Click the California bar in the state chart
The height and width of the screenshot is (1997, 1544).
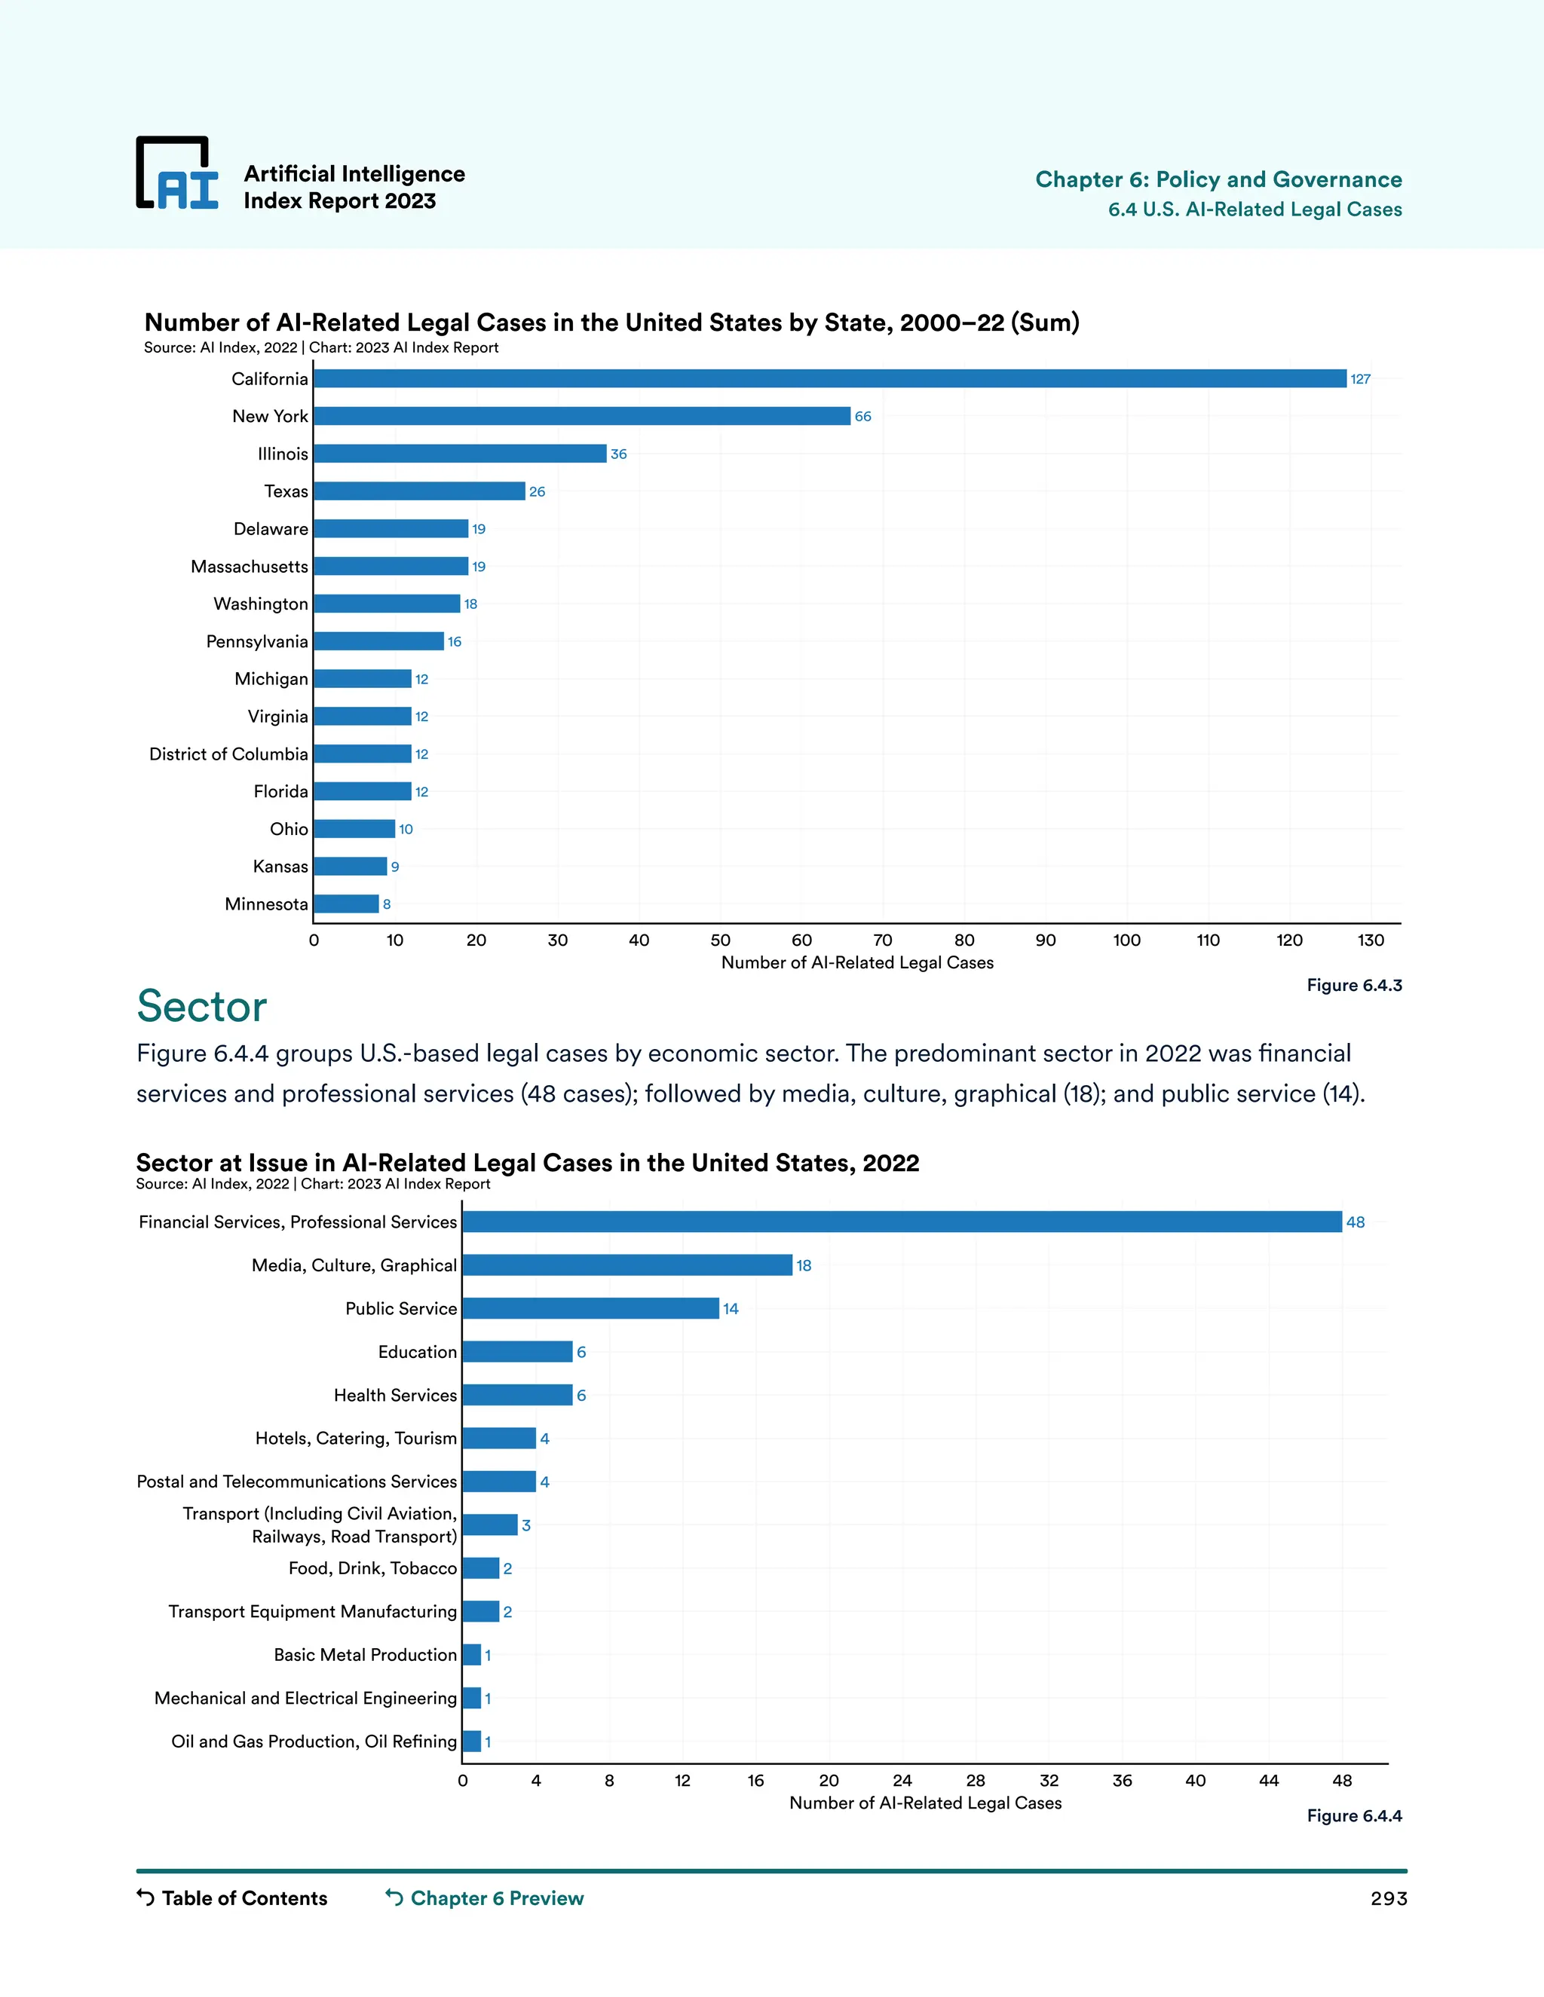pyautogui.click(x=829, y=378)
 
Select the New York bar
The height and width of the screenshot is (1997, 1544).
pyautogui.click(x=582, y=416)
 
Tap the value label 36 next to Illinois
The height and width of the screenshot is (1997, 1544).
pyautogui.click(x=618, y=454)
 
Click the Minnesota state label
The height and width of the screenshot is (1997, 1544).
pyautogui.click(x=266, y=904)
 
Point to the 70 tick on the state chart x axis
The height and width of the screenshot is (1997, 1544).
pyautogui.click(x=883, y=940)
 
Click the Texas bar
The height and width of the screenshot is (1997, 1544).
pyautogui.click(x=419, y=491)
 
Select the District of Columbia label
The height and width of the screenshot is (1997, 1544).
pyautogui.click(x=228, y=754)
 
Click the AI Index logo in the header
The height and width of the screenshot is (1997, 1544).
pyautogui.click(x=177, y=174)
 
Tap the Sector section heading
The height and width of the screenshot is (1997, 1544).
pyautogui.click(x=201, y=1006)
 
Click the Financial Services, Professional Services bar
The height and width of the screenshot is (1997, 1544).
pyautogui.click(x=901, y=1222)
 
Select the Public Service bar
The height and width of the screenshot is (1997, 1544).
pyautogui.click(x=590, y=1308)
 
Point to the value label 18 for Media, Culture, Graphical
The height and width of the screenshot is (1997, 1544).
pyautogui.click(x=803, y=1265)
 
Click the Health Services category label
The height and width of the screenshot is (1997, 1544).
pyautogui.click(x=395, y=1396)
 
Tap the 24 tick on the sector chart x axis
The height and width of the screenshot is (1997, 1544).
pyautogui.click(x=902, y=1780)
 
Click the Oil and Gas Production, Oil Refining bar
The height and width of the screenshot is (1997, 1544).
pyautogui.click(x=471, y=1741)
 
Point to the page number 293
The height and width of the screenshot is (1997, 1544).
pyautogui.click(x=1388, y=1899)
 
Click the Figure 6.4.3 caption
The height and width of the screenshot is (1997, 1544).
pyautogui.click(x=1354, y=985)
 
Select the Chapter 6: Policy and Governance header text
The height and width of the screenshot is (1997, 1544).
pyautogui.click(x=1218, y=179)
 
